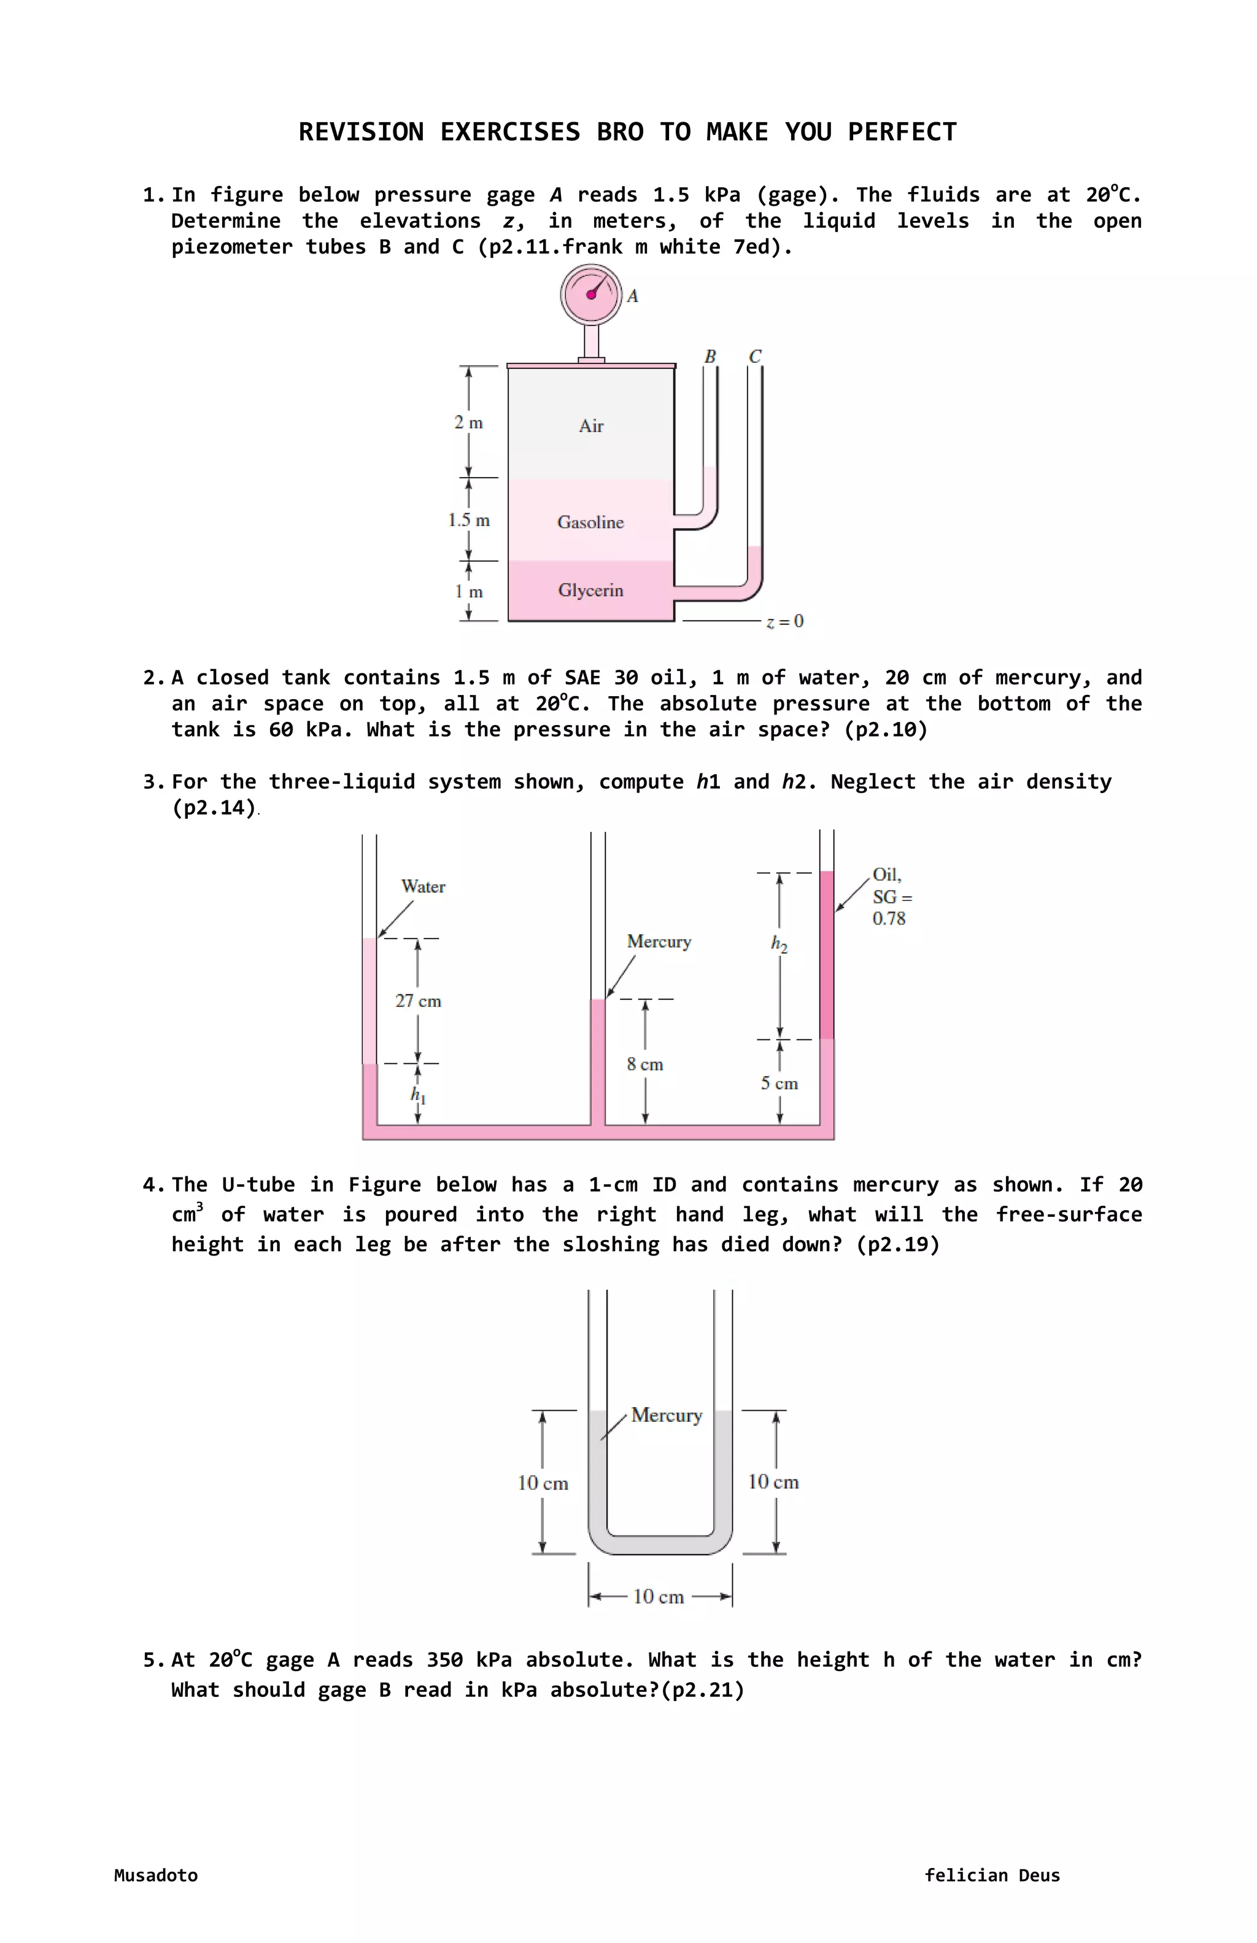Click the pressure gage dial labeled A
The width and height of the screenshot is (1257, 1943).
point(591,295)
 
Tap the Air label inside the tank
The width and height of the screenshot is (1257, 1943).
point(591,426)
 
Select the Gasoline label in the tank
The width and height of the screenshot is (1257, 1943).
point(590,522)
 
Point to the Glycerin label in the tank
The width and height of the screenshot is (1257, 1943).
point(590,590)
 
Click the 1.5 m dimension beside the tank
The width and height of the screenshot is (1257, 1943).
point(468,520)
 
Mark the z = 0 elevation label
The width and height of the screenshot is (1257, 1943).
point(785,621)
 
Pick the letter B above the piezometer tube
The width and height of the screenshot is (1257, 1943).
point(710,357)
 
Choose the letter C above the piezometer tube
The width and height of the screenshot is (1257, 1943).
point(755,357)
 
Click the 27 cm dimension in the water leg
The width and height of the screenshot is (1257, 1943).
point(418,1001)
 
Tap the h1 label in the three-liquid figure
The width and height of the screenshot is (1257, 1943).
point(418,1095)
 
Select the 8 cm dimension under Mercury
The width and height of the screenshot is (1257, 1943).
point(645,1065)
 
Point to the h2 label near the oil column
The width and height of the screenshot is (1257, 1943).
point(779,945)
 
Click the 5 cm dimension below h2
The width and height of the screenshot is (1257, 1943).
point(779,1084)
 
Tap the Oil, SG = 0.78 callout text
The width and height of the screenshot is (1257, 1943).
point(891,896)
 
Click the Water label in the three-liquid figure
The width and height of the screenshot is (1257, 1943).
point(423,886)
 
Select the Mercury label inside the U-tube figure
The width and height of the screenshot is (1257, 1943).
point(666,1415)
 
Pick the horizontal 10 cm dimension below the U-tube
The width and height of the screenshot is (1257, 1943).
point(658,1596)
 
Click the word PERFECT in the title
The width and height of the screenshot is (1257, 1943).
point(902,132)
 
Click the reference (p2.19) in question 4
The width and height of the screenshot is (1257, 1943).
point(898,1245)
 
